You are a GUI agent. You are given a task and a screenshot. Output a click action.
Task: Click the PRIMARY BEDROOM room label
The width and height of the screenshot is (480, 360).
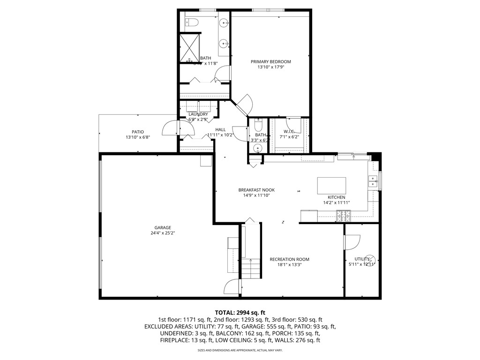pos(270,61)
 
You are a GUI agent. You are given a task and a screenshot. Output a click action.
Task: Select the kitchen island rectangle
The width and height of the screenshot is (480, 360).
pos(331,186)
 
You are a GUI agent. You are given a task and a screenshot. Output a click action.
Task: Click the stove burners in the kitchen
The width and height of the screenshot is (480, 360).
pos(343,216)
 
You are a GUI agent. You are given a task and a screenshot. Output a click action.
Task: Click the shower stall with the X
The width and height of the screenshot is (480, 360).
pos(189,48)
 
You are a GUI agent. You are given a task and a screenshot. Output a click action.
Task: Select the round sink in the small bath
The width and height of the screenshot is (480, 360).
pos(257,149)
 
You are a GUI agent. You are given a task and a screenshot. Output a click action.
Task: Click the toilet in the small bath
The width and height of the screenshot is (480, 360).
pos(257,126)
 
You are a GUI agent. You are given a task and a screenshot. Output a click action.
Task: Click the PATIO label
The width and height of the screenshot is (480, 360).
pos(137,132)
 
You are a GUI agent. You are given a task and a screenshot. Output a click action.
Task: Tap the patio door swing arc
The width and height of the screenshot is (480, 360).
pos(169,128)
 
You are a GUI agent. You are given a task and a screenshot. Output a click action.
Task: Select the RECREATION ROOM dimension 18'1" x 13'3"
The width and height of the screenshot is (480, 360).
pos(289,264)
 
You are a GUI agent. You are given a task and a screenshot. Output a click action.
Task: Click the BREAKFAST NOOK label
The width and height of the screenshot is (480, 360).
pos(256,190)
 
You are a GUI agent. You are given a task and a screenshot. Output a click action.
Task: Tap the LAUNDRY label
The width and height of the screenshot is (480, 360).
pos(198,114)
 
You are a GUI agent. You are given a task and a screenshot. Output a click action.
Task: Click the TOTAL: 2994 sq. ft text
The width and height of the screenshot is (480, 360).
pos(240,312)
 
